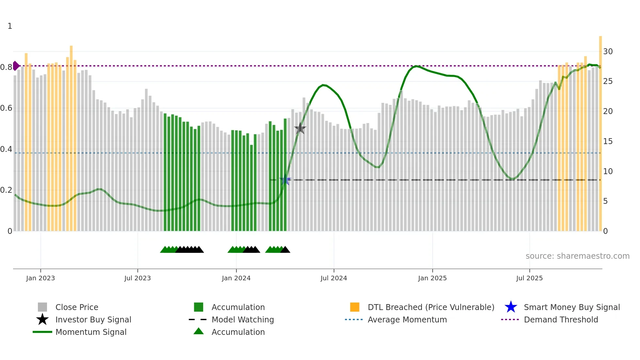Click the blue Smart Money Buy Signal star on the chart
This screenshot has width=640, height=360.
pos(285,180)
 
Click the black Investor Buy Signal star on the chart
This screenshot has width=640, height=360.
pos(300,129)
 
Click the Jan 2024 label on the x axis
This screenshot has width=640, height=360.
pos(236,278)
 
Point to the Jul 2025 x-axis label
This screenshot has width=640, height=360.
pos(529,278)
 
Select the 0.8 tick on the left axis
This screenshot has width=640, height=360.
pos(6,67)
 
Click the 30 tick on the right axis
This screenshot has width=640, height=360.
pos(608,51)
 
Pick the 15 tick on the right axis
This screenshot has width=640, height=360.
pos(608,141)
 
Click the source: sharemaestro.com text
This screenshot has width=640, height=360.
pos(577,256)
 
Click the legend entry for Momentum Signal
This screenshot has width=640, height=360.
pos(91,332)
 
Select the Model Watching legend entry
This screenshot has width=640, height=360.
pos(243,319)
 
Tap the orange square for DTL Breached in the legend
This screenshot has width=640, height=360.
pos(355,307)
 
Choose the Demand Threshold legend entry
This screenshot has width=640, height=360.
pos(561,319)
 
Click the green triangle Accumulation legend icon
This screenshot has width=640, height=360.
pos(199,332)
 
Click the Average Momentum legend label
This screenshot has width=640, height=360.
pos(407,319)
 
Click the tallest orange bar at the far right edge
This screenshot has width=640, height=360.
pos(600,131)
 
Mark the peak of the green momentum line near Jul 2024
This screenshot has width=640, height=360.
pos(323,85)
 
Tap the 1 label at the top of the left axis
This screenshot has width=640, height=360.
pos(10,26)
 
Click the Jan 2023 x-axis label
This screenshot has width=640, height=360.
pos(40,278)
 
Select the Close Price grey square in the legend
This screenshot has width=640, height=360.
pos(42,307)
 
